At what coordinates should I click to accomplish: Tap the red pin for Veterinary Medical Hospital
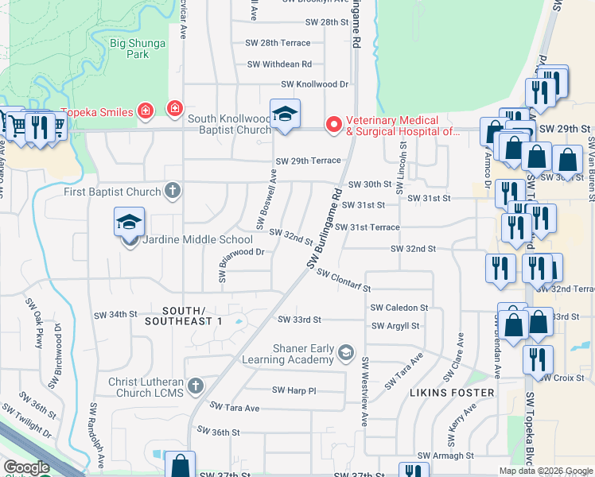pyautogui.click(x=334, y=125)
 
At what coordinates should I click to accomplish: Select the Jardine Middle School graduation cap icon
pyautogui.click(x=129, y=224)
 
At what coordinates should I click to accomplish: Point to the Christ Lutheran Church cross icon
pyautogui.click(x=196, y=385)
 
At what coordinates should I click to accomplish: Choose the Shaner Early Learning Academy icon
pyautogui.click(x=346, y=351)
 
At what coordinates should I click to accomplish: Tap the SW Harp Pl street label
pyautogui.click(x=294, y=390)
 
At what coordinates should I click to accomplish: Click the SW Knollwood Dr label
pyautogui.click(x=315, y=84)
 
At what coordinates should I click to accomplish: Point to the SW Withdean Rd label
pyautogui.click(x=279, y=64)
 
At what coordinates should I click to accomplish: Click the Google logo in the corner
pyautogui.click(x=26, y=467)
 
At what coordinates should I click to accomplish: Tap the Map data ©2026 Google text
pyautogui.click(x=546, y=471)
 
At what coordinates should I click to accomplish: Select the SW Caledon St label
pyautogui.click(x=399, y=308)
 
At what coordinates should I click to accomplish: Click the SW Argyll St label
pyautogui.click(x=395, y=326)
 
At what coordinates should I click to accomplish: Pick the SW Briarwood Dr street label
pyautogui.click(x=239, y=260)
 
